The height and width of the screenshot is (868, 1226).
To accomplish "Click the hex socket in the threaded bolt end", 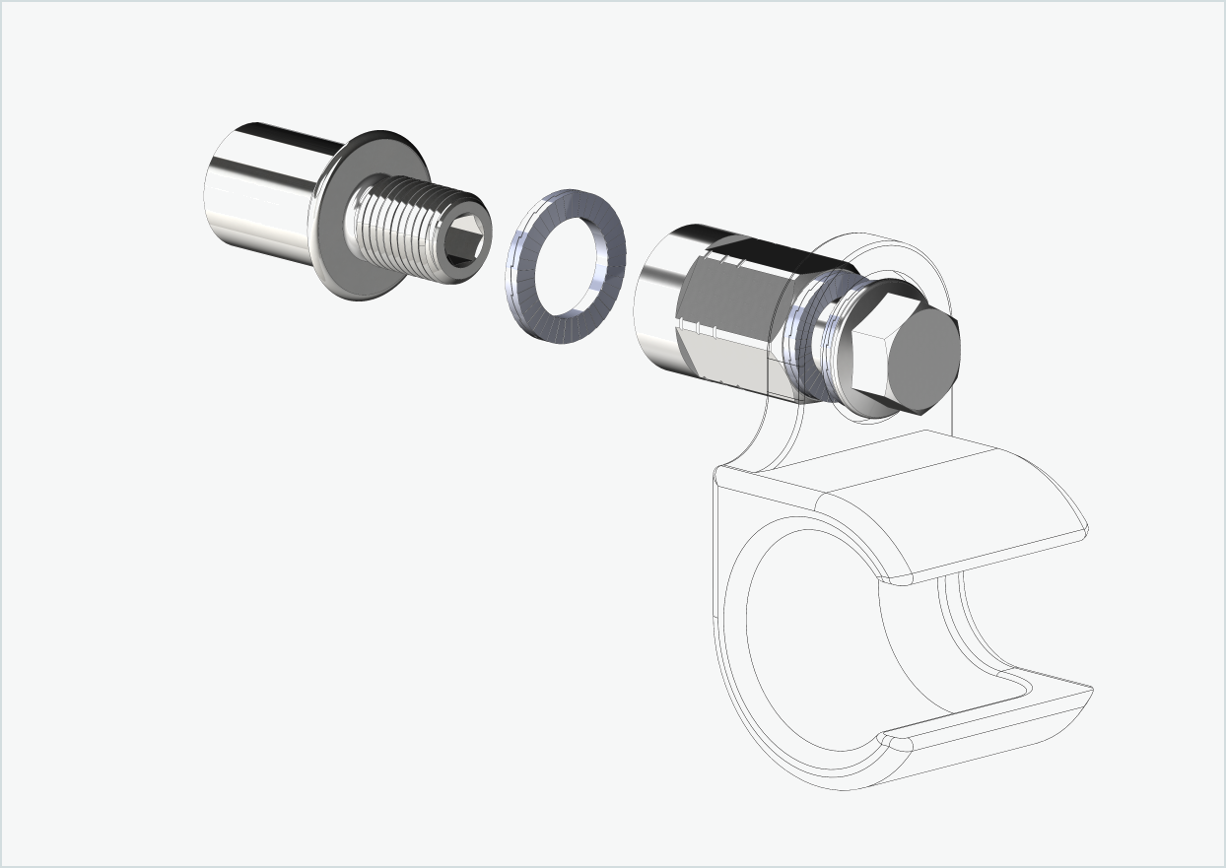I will coord(463,242).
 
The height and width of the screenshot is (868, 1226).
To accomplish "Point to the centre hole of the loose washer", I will coord(567,266).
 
